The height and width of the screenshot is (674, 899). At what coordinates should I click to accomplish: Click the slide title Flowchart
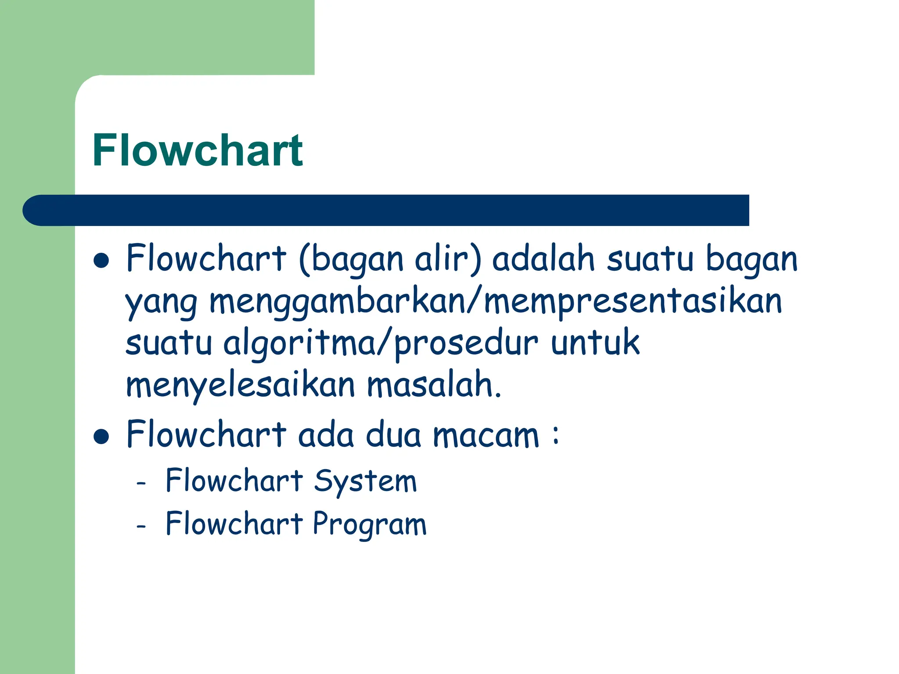coord(198,151)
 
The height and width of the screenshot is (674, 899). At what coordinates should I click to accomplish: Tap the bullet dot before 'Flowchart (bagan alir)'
coord(101,260)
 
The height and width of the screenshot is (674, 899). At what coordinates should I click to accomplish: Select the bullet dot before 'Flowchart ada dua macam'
coord(101,437)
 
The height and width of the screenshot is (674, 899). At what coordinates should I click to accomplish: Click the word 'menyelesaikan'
coord(240,386)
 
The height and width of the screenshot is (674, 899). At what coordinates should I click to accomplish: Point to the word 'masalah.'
coord(434,385)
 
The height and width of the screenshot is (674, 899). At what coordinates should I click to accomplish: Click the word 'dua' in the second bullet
coord(393,435)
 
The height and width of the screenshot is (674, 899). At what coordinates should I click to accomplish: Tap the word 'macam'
coord(486,436)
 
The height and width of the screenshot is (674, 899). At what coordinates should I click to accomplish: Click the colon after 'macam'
coord(556,436)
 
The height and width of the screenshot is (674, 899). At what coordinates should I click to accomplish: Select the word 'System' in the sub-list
coord(365,482)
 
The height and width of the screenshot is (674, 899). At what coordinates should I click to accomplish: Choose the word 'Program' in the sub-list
coord(370,525)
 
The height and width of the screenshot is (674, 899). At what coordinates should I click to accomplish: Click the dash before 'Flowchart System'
coord(141,484)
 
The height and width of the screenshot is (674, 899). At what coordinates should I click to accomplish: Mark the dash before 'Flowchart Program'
coord(141,526)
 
